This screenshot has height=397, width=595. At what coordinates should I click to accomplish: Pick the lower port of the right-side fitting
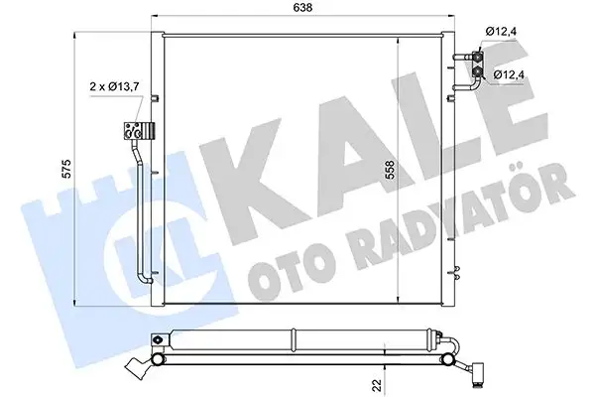[x=478, y=70]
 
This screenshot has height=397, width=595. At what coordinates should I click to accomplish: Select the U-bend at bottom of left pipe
[x=145, y=282]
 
